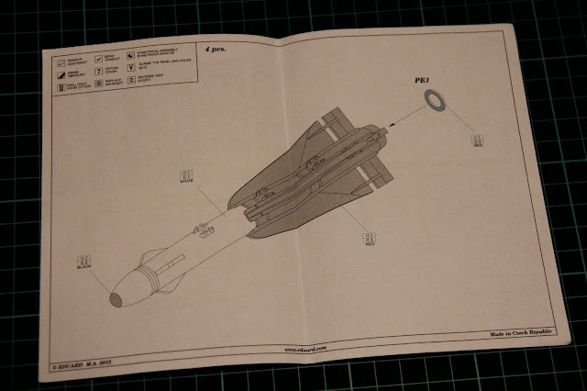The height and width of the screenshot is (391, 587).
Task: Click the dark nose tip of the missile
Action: click(116, 297)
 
